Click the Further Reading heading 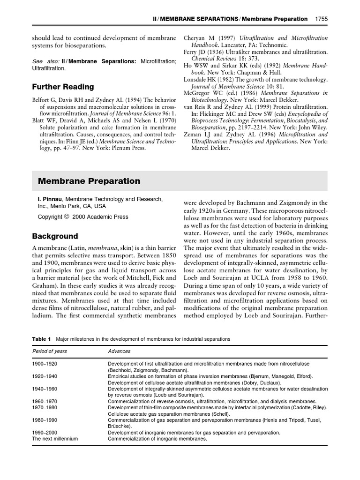coord(63,87)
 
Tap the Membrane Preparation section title coord(89,181)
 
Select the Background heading coord(55,236)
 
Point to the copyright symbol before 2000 coord(67,217)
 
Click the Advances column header coord(119,351)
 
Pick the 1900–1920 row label coord(45,364)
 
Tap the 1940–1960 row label coord(45,389)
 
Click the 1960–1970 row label coord(45,401)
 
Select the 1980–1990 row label coord(45,420)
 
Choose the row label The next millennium coord(55,439)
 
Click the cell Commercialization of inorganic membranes coord(157,439)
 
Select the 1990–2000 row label coord(45,433)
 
